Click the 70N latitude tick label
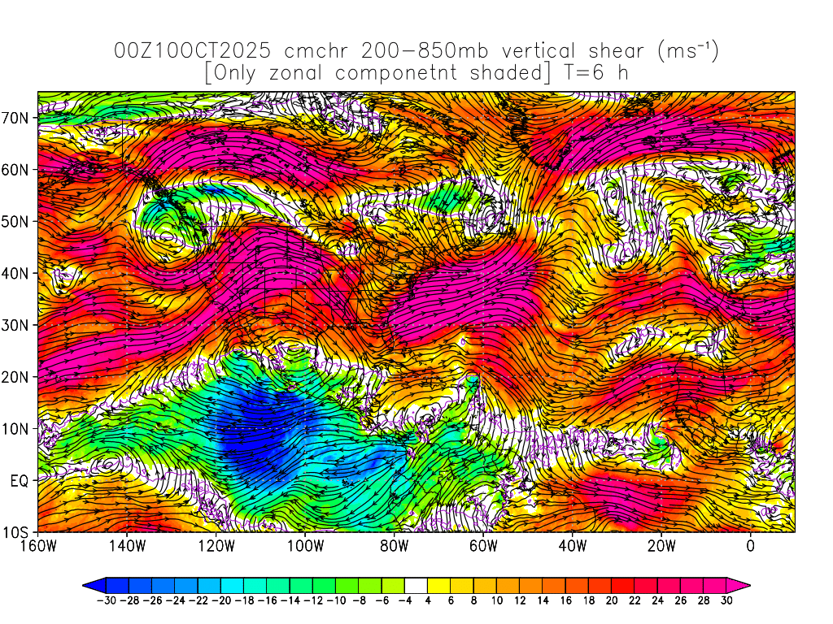[17, 117]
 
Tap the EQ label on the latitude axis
[20, 480]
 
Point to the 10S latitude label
[17, 532]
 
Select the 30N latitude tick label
[17, 325]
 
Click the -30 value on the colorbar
[106, 600]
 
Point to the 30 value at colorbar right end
[727, 600]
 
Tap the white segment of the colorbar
[416, 584]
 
